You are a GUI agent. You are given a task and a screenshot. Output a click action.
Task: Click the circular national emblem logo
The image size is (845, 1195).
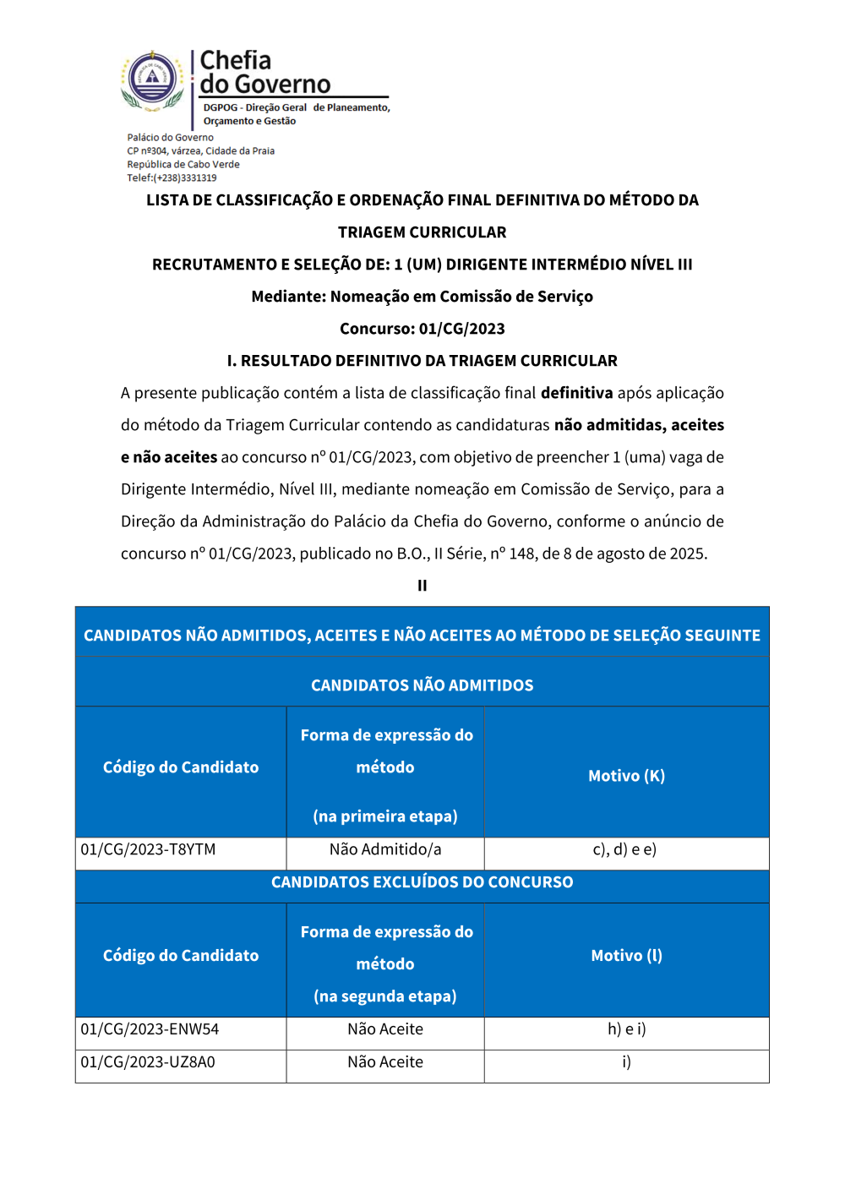coord(152,79)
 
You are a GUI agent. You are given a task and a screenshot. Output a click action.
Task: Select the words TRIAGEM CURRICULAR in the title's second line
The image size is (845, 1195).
coord(422,232)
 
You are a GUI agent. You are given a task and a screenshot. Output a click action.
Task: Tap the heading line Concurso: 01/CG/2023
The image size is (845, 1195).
coord(422,329)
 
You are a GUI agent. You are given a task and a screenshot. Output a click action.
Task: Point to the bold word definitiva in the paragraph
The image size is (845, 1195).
coord(576,393)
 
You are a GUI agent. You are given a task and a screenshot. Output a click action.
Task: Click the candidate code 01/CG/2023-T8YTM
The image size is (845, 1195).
coord(148,849)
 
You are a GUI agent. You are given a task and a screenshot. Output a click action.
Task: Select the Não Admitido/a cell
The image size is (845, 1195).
coord(385,849)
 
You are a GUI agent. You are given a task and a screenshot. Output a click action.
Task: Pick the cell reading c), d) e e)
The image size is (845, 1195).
coord(625,849)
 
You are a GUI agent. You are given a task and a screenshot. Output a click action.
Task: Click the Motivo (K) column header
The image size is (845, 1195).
coord(626,776)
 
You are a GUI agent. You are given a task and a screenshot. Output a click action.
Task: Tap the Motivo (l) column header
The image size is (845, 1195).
coord(626,956)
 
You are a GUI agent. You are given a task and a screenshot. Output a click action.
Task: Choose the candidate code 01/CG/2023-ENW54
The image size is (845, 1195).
coord(150,1029)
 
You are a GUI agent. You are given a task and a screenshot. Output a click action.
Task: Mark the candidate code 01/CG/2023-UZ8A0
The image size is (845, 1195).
coord(148,1062)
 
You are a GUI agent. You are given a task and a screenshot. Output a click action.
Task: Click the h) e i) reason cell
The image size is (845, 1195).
coord(626,1029)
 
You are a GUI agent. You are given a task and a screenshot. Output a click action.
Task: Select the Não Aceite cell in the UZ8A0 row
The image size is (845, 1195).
coord(385,1062)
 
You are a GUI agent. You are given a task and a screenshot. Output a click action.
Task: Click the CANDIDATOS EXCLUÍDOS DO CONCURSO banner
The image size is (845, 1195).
coord(422,882)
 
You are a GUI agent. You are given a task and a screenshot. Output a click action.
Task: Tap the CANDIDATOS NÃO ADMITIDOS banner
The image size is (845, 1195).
coord(422,685)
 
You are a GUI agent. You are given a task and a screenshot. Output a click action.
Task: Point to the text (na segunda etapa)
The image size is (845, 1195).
coord(385,996)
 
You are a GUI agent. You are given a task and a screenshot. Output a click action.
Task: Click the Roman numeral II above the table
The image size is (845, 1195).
coord(422,586)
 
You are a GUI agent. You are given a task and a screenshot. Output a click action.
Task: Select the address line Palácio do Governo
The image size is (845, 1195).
coord(170,138)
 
